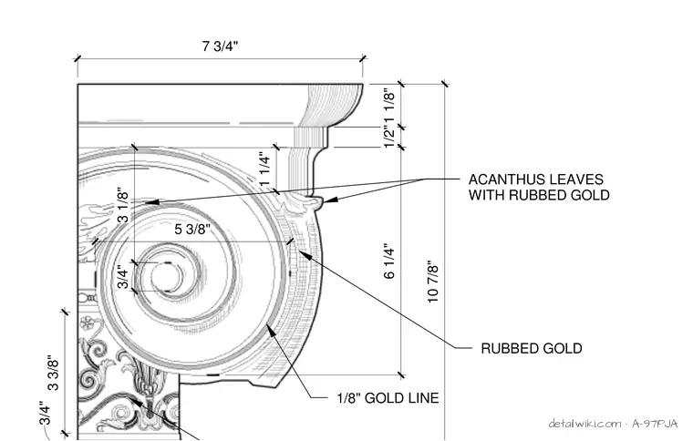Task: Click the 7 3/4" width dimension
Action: pyautogui.click(x=220, y=46)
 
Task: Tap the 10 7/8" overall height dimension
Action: pyautogui.click(x=433, y=282)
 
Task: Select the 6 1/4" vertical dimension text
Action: pyautogui.click(x=389, y=261)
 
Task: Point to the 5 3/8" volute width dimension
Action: pyautogui.click(x=192, y=229)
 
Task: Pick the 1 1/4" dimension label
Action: pyautogui.click(x=264, y=170)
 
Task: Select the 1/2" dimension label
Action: pyautogui.click(x=389, y=138)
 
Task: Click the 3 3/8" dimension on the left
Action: pyautogui.click(x=53, y=373)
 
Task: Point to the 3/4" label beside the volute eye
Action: pyautogui.click(x=123, y=277)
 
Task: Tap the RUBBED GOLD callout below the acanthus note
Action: pyautogui.click(x=532, y=348)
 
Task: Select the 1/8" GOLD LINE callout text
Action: pyautogui.click(x=388, y=398)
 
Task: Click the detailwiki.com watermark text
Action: pyautogui.click(x=584, y=424)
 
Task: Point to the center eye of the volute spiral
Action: pyautogui.click(x=166, y=277)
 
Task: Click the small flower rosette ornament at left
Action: pyautogui.click(x=88, y=323)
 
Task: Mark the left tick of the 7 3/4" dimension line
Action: pyautogui.click(x=78, y=58)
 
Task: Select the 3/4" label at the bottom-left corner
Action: pyautogui.click(x=45, y=413)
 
